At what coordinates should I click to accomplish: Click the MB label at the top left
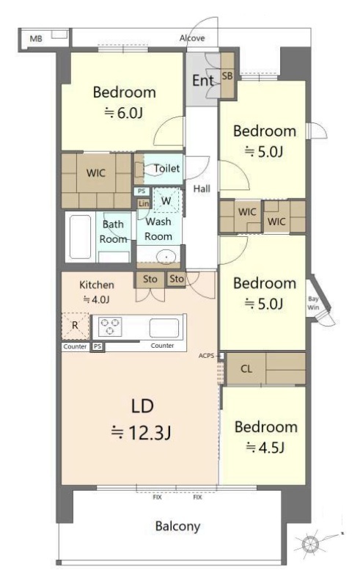[x=36, y=38]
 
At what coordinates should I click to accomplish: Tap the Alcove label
[x=192, y=38]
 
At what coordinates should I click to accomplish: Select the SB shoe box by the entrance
[x=227, y=76]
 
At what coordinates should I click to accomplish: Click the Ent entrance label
[x=203, y=81]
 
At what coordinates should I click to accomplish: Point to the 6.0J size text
[x=124, y=113]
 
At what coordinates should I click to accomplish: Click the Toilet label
[x=167, y=168]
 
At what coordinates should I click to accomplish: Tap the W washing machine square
[x=166, y=200]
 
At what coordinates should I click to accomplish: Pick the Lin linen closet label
[x=143, y=203]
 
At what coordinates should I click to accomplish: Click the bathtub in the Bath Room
[x=81, y=237]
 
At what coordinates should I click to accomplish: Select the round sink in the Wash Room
[x=166, y=257]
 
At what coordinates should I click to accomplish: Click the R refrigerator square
[x=76, y=326]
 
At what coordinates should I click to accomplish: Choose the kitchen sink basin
[x=164, y=329]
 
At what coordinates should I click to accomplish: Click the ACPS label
[x=206, y=356]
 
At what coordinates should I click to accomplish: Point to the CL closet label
[x=246, y=369]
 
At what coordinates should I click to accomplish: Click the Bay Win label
[x=313, y=303]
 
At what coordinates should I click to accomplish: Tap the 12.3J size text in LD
[x=141, y=432]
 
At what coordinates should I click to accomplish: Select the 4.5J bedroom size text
[x=265, y=447]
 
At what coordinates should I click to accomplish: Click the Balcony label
[x=177, y=526]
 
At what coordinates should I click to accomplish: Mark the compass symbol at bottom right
[x=310, y=544]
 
